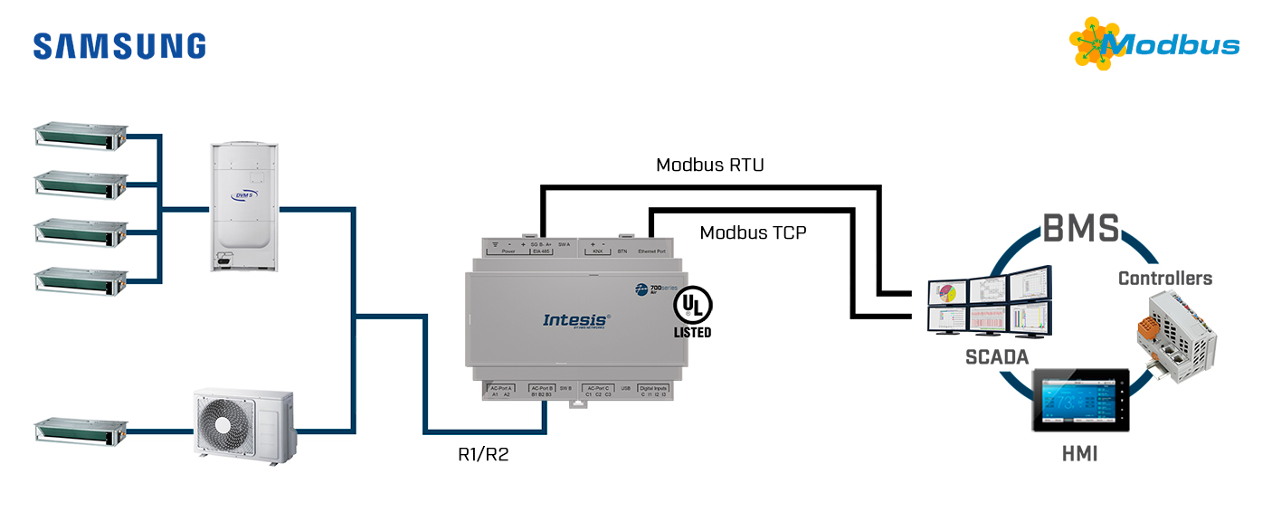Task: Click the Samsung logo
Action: pos(119,46)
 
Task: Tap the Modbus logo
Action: pos(1155,43)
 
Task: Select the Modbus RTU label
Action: pos(710,165)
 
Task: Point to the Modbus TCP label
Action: pos(753,232)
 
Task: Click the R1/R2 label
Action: pos(483,454)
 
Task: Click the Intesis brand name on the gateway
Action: pos(576,319)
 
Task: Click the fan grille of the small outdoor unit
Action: pos(223,425)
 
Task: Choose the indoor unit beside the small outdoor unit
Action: pos(79,431)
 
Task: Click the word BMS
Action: pos(1080,229)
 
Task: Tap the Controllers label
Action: pos(1165,278)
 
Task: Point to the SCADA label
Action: pos(997,357)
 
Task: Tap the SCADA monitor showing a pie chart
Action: pos(946,293)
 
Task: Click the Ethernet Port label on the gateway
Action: pos(651,251)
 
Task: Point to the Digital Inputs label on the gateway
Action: pos(652,387)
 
